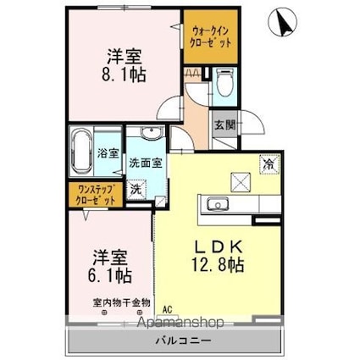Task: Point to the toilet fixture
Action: pos(224,83)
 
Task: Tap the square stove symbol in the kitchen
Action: pos(238,180)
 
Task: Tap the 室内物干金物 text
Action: pos(121,301)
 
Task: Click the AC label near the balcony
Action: pos(167,309)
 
